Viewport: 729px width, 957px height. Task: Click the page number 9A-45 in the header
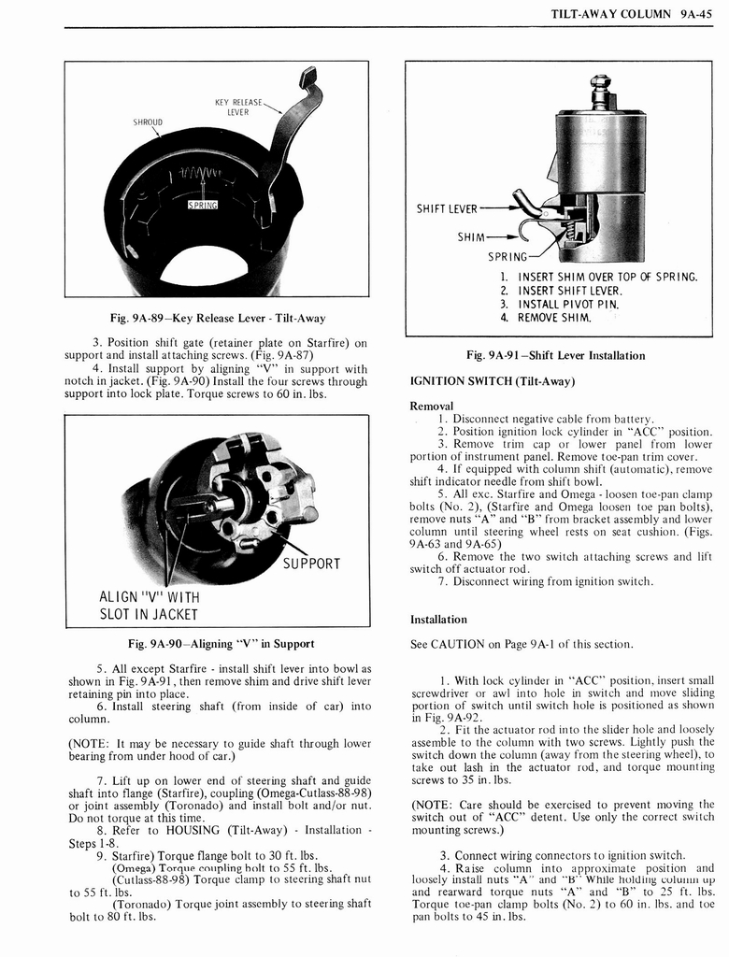coord(697,14)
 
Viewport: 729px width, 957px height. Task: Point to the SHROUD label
coord(148,121)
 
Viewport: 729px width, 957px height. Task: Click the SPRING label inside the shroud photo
coord(203,205)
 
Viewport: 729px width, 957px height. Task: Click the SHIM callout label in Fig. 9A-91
coord(471,237)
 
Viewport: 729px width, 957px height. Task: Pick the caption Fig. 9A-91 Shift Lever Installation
coord(555,355)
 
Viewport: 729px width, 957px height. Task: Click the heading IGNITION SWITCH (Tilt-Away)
coord(492,380)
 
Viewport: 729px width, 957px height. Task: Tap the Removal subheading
coord(431,406)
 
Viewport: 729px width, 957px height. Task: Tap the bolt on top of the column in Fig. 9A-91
coord(600,92)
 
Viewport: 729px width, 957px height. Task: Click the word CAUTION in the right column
coord(462,644)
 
